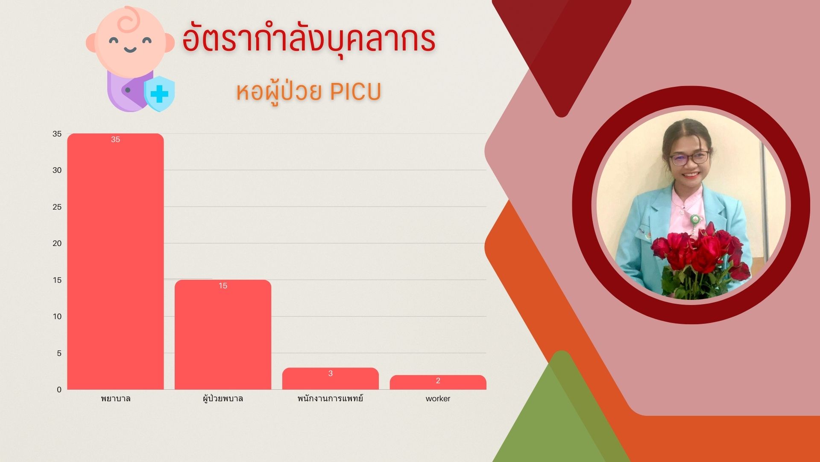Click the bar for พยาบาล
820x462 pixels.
coord(115,261)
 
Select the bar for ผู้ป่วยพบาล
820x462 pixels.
coord(223,335)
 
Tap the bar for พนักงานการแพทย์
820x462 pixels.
coord(331,379)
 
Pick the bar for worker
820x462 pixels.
coord(438,382)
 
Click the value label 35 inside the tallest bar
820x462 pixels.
coord(115,139)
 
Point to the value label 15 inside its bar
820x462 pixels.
coord(223,286)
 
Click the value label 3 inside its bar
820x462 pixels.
coord(331,373)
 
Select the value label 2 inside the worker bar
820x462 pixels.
coord(438,381)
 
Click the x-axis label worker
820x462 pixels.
coord(438,399)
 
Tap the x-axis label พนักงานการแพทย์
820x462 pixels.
coord(330,398)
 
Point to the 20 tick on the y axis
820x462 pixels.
coord(57,243)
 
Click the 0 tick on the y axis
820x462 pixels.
coord(59,390)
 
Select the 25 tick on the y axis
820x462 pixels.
coord(57,207)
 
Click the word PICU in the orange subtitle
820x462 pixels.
coord(355,92)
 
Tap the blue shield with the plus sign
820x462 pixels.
coord(159,94)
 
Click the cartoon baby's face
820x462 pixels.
coord(130,41)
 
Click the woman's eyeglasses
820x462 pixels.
coord(689,158)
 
